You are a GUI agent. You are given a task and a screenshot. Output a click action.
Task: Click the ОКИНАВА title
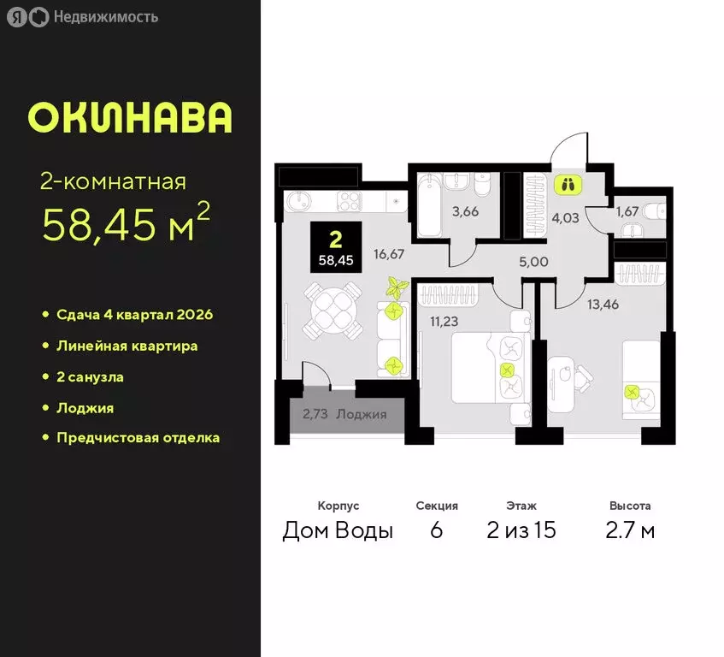(130, 118)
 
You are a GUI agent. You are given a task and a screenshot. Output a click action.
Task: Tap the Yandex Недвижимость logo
(85, 16)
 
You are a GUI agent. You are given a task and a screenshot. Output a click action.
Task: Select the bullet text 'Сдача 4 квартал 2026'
(134, 315)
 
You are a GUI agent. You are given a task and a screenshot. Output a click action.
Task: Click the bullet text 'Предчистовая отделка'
(138, 437)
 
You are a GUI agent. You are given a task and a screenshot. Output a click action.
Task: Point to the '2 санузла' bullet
(90, 376)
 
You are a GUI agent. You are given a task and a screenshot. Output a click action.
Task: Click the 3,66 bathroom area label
(465, 212)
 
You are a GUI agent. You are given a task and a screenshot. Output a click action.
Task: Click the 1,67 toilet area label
(629, 210)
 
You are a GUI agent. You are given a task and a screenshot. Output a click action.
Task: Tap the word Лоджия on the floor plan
(362, 415)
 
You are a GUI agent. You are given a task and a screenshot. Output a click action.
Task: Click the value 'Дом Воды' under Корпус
(338, 530)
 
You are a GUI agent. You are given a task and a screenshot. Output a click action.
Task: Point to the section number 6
(436, 530)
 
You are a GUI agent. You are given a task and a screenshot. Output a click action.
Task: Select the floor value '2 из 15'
(521, 530)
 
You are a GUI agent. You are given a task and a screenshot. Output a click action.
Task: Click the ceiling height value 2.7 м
(631, 530)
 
